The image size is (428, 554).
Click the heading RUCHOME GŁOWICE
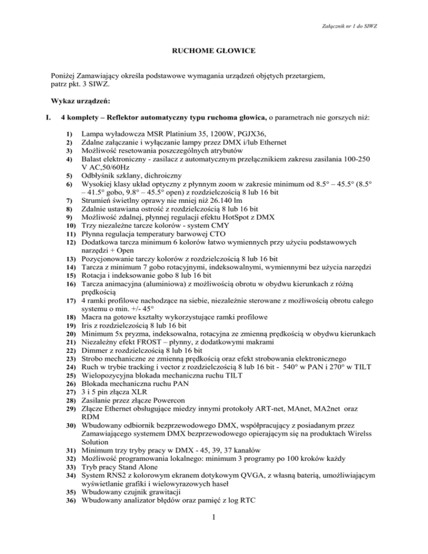point(214,51)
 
